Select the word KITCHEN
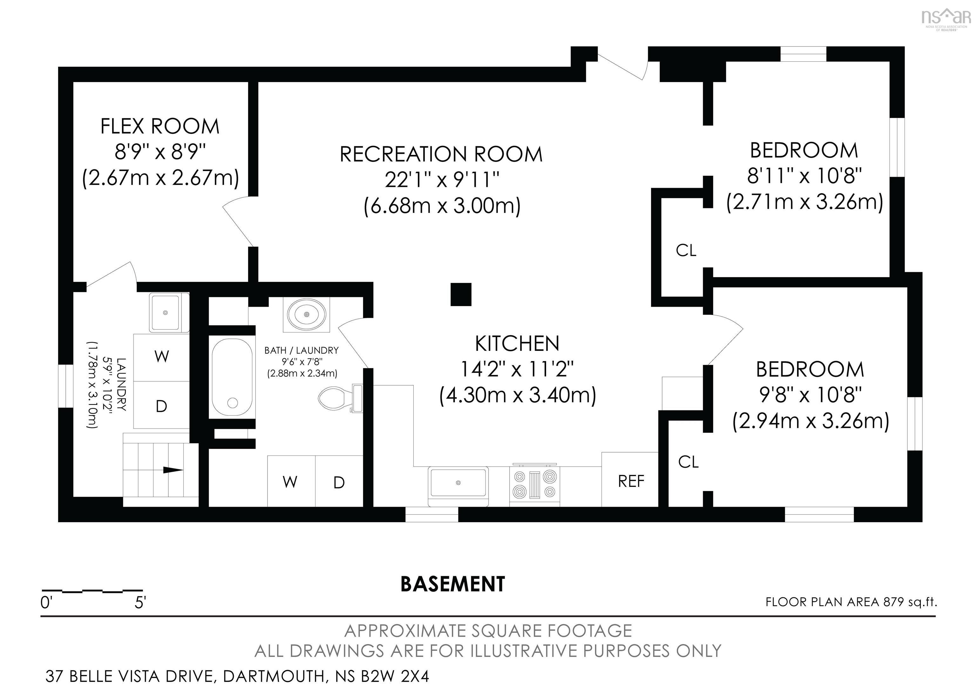point(517,344)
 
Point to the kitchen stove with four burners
point(535,485)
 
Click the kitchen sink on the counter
point(458,483)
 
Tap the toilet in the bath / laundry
point(340,398)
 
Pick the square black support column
point(461,294)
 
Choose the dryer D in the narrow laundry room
point(161,406)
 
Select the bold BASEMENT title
point(453,584)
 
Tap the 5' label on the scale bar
point(140,602)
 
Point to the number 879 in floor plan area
point(893,602)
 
